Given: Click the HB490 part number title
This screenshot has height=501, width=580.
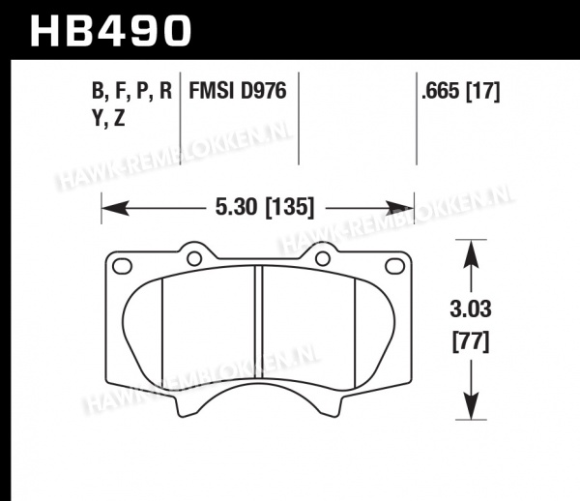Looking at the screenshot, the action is point(110,31).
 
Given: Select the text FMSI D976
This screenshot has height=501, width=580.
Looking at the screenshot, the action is point(238,91).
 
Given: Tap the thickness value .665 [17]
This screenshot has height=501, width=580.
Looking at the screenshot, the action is point(460,91).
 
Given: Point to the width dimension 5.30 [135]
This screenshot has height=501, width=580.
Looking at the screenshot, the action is point(265,207).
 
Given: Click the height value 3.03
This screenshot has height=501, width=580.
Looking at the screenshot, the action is point(471,309).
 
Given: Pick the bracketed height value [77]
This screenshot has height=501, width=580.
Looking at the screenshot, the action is point(471,341).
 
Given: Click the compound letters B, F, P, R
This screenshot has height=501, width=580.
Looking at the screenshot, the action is point(131,91).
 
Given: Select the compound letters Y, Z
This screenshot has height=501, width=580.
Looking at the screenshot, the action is point(108,119).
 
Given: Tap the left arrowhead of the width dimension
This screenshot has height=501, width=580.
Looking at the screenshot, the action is point(115,208).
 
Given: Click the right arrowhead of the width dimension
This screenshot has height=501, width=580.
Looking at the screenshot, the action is point(400,208).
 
